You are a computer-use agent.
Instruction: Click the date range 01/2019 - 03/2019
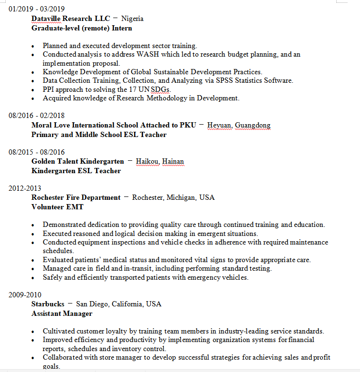[x=37, y=9]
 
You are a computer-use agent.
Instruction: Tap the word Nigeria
[x=132, y=19]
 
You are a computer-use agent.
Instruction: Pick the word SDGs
[x=161, y=89]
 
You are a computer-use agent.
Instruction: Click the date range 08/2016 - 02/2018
[x=37, y=116]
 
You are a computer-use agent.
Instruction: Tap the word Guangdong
[x=253, y=125]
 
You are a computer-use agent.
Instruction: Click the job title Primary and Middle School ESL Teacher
[x=99, y=135]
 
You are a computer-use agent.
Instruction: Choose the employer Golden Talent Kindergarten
[x=78, y=161]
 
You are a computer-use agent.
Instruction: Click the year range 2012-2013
[x=25, y=188]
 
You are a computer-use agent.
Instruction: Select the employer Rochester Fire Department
[x=76, y=197]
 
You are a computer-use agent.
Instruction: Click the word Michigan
[x=181, y=197]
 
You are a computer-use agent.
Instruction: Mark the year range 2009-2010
[x=25, y=294]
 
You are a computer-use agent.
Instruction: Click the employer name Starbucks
[x=48, y=304]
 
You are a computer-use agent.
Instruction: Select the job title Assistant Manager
[x=62, y=313]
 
